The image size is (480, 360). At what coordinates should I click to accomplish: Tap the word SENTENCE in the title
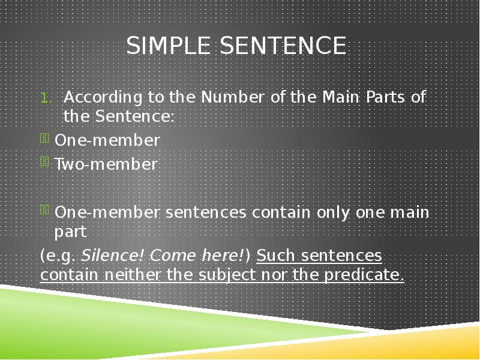point(284,46)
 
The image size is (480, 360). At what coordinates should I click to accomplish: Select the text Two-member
point(106,164)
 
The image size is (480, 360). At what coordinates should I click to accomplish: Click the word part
point(71,232)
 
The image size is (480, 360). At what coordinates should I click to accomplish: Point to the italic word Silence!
point(112,256)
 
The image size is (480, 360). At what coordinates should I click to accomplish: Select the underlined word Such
point(275,256)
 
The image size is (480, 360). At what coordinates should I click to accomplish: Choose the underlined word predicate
point(364,275)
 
